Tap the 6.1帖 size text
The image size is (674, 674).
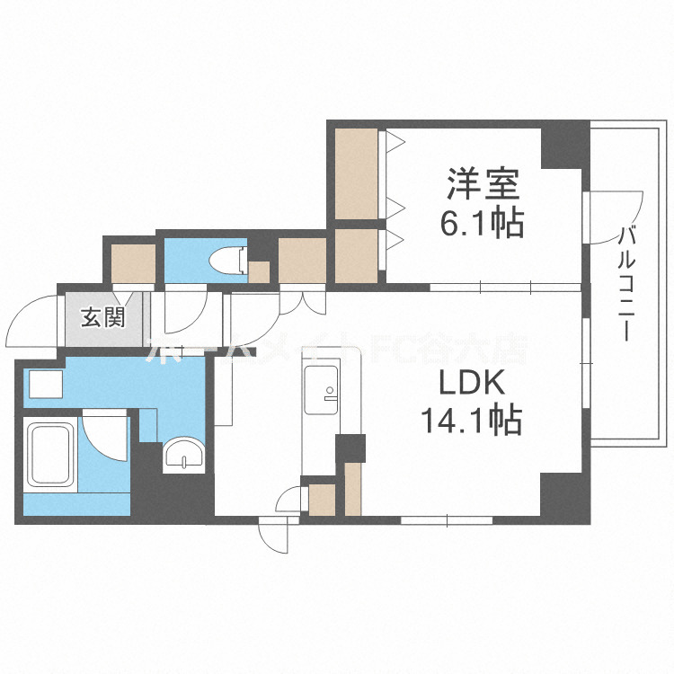coord(483,223)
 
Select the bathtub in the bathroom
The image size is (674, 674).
coord(50,456)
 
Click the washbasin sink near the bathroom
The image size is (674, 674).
coord(184,457)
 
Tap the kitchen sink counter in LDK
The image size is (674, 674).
coord(323,391)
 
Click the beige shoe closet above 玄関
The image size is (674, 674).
coord(132,261)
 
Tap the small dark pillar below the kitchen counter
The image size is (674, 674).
coord(350,448)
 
